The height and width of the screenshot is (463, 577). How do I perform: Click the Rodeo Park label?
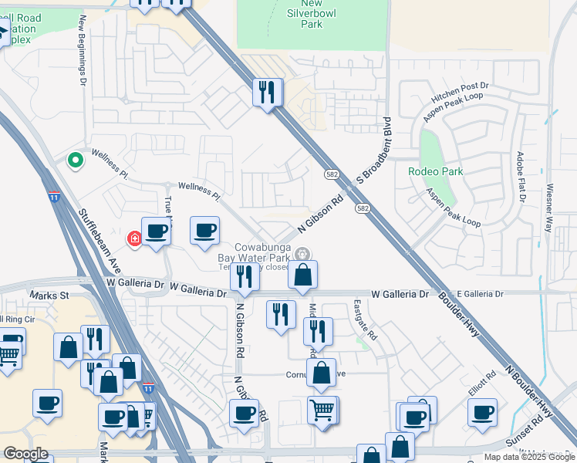coord(436,171)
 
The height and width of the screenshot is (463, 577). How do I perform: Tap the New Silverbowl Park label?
coord(311,14)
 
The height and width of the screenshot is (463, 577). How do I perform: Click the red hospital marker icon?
coord(136,238)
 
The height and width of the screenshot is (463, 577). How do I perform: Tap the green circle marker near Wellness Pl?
coord(75,161)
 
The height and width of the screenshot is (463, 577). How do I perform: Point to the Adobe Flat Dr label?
coord(521,176)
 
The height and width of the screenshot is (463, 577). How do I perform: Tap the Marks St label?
coord(49,296)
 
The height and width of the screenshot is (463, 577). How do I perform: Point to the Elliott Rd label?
coord(481,384)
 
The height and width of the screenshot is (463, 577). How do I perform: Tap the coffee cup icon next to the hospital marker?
coord(157,231)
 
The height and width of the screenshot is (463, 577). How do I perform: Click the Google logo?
coord(25,454)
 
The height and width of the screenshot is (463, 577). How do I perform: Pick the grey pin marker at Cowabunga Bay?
coord(303,252)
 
